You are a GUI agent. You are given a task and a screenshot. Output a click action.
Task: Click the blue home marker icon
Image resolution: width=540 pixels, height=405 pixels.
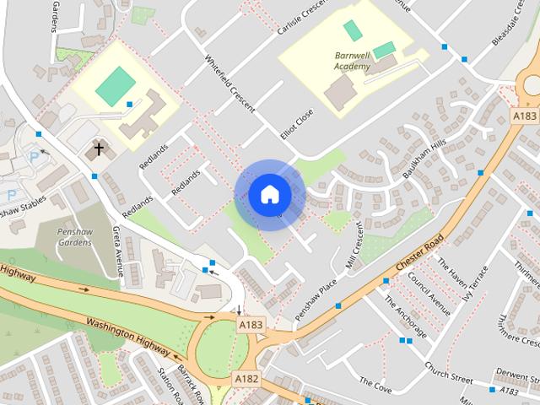point(270,195)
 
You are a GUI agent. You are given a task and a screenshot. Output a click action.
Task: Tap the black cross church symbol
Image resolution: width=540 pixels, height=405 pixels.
point(99,150)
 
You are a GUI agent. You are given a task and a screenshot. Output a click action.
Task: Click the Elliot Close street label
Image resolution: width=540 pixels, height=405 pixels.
point(297,123)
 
